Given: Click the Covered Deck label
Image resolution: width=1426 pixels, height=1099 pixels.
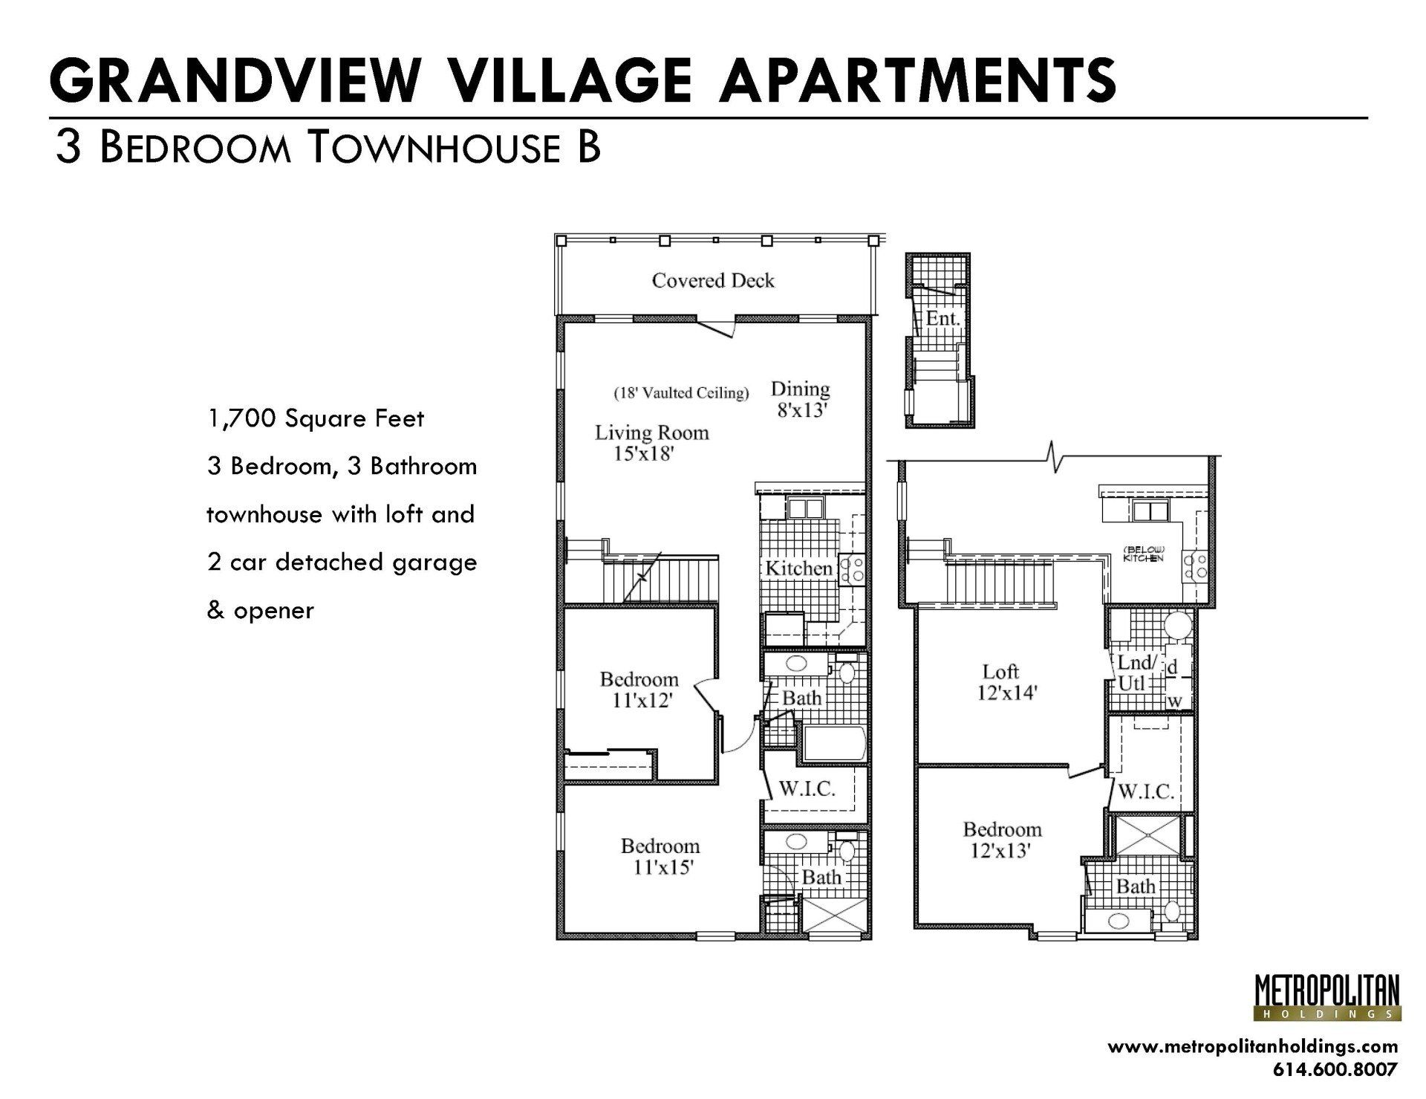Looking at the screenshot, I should point(713,281).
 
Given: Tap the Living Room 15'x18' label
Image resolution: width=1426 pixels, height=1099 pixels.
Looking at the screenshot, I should point(651,443).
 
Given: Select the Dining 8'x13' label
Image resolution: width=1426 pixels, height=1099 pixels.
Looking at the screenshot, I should point(801,399).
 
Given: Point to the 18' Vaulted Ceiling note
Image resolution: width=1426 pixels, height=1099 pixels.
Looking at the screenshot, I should point(680,393).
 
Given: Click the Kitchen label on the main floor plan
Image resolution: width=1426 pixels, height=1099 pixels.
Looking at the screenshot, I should point(798,568).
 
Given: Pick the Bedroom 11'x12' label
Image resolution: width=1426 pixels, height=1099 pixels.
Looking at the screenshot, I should point(639,689).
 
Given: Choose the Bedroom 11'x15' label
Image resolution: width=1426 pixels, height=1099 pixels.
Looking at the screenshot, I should point(660,856).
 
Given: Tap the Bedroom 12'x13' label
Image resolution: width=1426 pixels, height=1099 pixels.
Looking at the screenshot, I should point(1002,840).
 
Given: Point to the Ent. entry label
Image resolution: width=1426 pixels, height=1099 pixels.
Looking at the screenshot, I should point(942,319).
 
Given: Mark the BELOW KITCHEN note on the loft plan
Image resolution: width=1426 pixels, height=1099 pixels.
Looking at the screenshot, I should point(1142,554).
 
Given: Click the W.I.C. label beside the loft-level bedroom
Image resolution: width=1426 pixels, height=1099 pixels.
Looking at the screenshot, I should point(1145,791).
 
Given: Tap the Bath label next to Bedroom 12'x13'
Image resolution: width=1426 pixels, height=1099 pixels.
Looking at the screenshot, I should point(1135,886).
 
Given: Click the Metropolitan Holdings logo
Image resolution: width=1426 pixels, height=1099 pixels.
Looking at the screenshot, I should point(1326,997).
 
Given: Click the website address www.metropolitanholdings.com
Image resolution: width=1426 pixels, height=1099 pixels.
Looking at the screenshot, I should point(1252,1046).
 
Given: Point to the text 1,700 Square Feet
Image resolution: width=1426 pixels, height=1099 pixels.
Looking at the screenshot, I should point(316,419).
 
